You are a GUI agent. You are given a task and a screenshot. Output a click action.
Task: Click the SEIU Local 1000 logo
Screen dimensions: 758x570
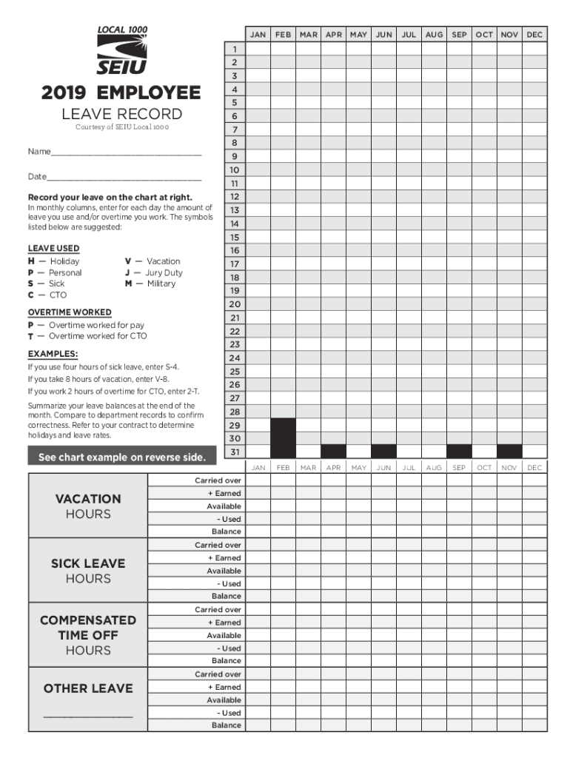point(122,50)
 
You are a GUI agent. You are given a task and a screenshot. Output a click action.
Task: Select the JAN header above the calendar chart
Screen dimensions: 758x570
point(258,35)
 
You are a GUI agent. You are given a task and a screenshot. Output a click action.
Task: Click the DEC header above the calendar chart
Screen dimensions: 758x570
point(534,35)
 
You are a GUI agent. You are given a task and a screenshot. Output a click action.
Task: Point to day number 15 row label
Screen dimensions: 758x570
point(234,238)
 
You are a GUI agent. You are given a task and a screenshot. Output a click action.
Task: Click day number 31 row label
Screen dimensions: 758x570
point(234,452)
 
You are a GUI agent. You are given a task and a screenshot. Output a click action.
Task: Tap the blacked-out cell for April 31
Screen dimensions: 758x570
point(333,451)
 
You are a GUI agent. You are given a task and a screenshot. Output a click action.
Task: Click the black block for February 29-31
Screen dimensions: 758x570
point(283,437)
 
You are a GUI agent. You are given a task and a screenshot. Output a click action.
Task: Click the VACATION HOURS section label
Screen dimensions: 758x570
point(87,506)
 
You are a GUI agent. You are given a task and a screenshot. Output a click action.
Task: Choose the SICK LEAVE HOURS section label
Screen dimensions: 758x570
point(87,571)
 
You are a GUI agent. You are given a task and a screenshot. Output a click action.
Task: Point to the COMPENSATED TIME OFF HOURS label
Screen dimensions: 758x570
point(87,635)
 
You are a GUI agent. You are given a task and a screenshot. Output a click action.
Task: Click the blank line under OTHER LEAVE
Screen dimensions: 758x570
point(87,716)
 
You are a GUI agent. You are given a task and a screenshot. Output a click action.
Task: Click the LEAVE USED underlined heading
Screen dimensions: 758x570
point(53,249)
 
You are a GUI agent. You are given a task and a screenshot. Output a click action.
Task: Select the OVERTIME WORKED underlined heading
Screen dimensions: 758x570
point(70,312)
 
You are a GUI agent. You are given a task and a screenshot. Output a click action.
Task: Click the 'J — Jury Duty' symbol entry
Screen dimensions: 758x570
point(153,272)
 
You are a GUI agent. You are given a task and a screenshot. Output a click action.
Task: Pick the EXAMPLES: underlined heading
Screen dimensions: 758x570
point(53,354)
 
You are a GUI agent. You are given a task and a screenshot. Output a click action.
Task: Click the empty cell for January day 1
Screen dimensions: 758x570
point(258,48)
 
